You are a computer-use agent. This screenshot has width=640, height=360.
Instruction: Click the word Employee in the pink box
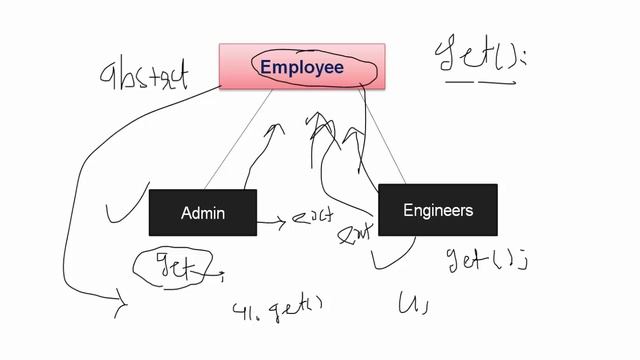pos(301,68)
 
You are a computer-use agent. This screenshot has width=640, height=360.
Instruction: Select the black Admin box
pos(203,212)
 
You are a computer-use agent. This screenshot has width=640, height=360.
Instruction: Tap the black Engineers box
pos(437,210)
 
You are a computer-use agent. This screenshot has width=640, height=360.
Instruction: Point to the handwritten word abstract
pos(144,75)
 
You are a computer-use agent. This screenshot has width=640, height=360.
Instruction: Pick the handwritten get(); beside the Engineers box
pos(484,261)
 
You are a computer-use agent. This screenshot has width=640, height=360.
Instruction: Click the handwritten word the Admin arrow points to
pos(311,219)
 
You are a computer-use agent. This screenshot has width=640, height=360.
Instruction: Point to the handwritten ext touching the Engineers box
pos(355,234)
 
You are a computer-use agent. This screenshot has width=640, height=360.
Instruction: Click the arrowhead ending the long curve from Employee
pos(123,301)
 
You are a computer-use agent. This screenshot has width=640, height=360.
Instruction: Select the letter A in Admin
pos(186,213)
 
